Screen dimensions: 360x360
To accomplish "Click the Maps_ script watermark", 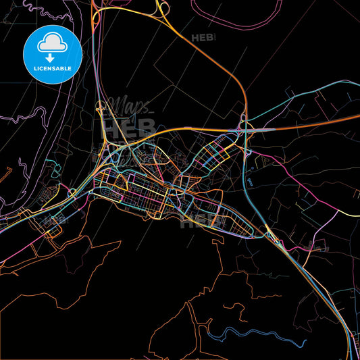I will tap(132, 107).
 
